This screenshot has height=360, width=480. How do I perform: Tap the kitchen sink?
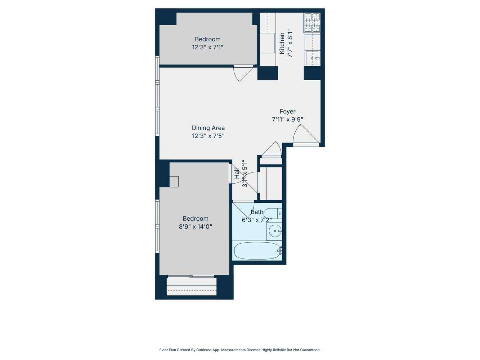312,58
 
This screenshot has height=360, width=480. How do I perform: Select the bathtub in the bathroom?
257,251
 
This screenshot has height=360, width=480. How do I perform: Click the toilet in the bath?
273,213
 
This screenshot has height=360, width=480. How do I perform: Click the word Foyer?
287,112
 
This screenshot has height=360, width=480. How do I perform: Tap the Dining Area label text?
208,128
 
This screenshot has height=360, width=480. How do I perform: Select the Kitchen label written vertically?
282,43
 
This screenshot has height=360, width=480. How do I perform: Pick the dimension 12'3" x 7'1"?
207,47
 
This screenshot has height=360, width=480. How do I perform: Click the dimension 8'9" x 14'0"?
195,227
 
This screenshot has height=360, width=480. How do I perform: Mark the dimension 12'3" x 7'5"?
208,136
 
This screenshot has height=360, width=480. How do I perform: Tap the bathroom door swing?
243,209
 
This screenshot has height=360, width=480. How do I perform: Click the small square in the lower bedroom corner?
174,181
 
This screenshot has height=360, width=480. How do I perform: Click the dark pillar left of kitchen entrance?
268,73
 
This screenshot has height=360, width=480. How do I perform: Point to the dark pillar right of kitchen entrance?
313,73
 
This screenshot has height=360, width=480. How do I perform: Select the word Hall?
237,174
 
